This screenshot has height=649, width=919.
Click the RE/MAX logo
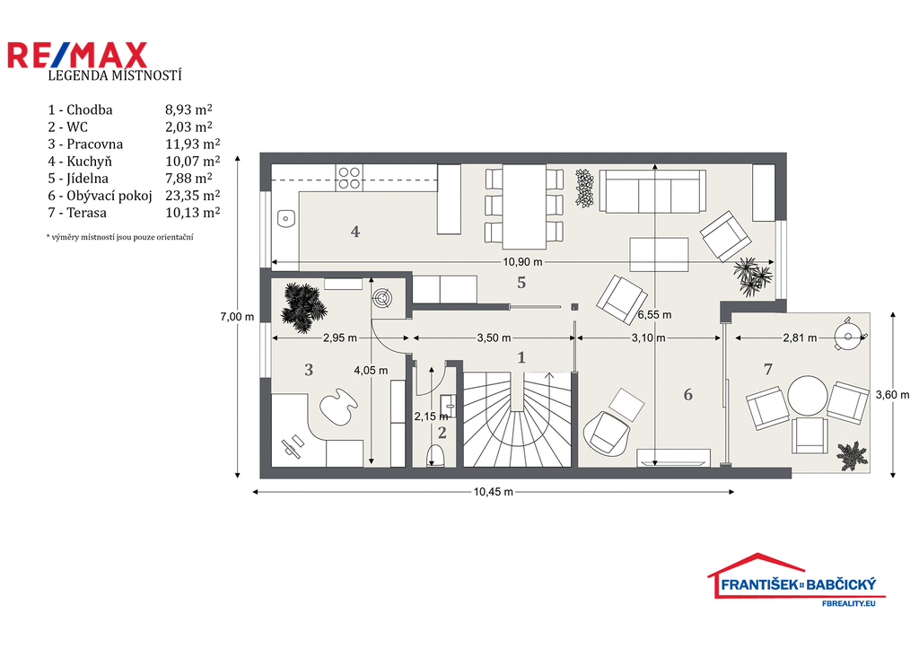coord(77,55)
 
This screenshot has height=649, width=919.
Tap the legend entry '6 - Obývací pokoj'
coord(100,196)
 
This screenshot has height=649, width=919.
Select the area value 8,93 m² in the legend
coord(188,110)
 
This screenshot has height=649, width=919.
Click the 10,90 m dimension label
coord(522,262)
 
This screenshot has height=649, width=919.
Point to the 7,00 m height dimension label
coord(237,317)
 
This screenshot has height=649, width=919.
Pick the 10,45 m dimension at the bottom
coord(493,492)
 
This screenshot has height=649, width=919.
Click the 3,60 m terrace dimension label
coord(893,395)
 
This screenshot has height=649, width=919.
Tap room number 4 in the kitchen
coord(355,232)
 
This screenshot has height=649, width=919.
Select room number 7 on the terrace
coord(768,369)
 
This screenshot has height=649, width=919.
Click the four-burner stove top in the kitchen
coord(349,178)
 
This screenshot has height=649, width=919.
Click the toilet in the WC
coord(435,455)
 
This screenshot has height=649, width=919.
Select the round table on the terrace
coord(808,396)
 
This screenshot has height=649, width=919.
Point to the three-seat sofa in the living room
coord(652,191)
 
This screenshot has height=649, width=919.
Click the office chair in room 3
coord(337,404)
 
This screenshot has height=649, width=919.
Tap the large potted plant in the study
coord(303,307)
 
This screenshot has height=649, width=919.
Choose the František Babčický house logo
coord(796,579)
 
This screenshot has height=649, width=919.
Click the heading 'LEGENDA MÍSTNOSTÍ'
coord(115,75)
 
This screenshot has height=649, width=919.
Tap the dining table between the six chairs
coord(524,207)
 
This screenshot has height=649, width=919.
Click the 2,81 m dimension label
coord(800,338)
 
